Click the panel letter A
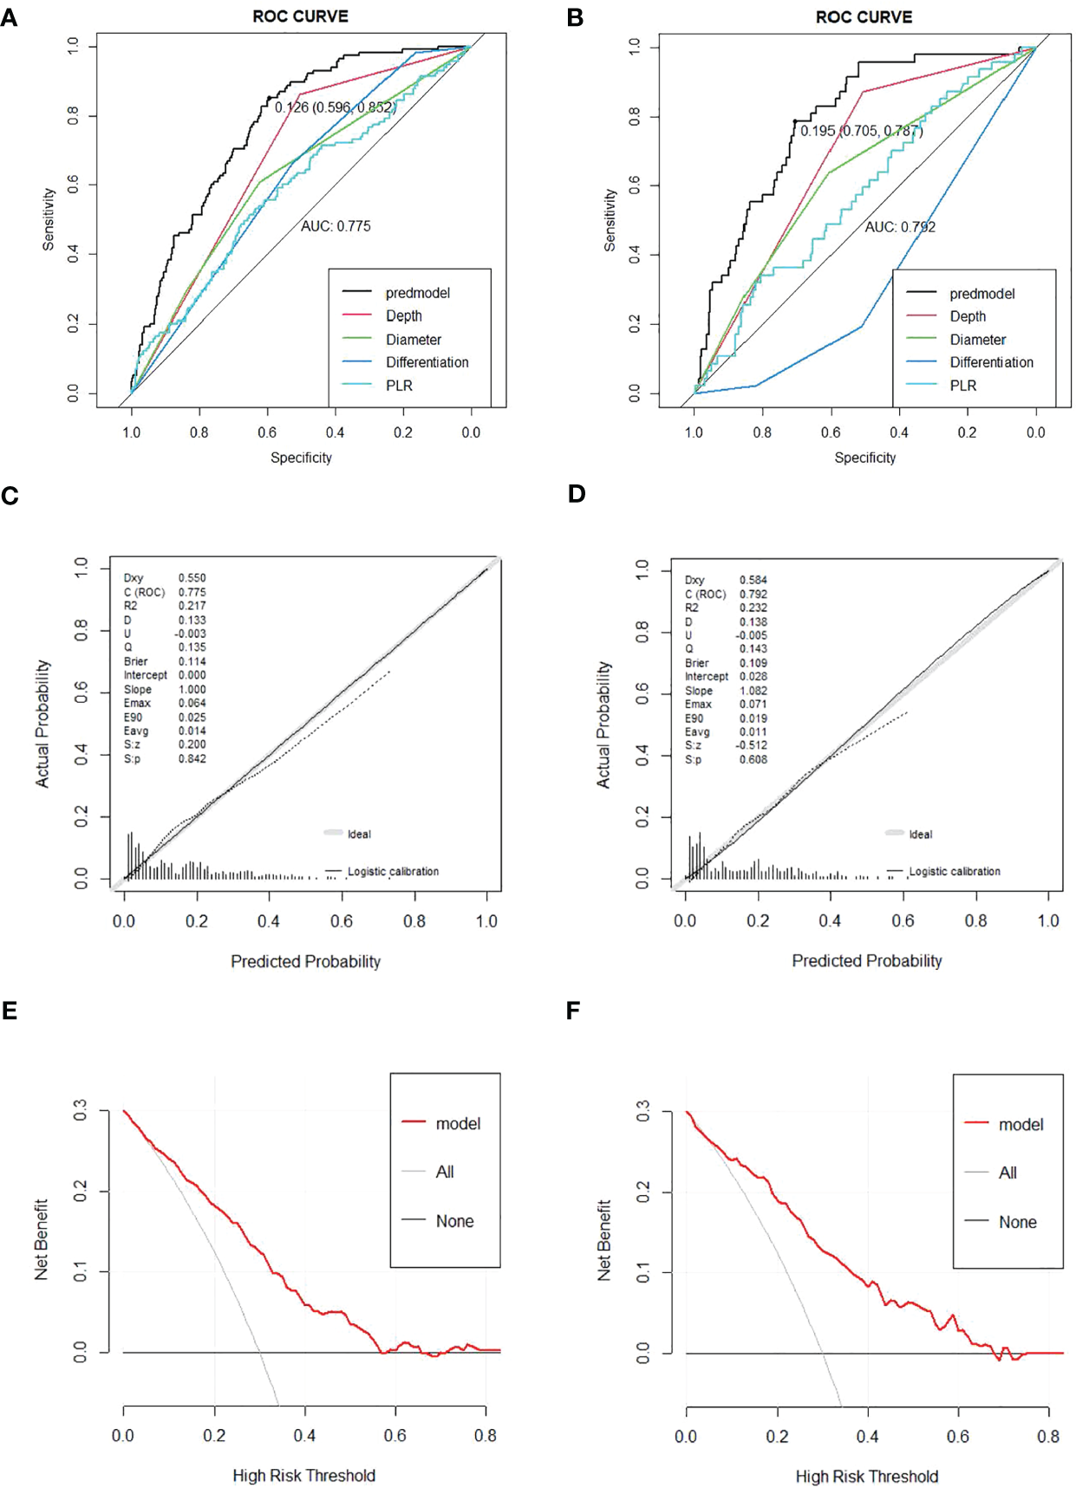(10, 18)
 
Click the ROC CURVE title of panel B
(863, 17)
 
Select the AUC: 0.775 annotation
(336, 226)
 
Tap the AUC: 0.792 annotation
(900, 227)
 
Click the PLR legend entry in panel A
(399, 386)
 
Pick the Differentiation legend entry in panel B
(991, 362)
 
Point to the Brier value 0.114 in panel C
(192, 661)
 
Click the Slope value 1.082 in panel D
(753, 691)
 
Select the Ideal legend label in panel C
(359, 834)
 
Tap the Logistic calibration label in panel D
(954, 871)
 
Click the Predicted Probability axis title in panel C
(305, 961)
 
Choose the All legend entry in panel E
(445, 1172)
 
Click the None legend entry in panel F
(1017, 1222)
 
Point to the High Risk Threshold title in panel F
(866, 1476)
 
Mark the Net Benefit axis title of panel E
(42, 1239)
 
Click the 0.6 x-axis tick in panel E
(395, 1435)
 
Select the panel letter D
(577, 494)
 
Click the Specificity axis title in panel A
(301, 458)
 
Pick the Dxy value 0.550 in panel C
(192, 577)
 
